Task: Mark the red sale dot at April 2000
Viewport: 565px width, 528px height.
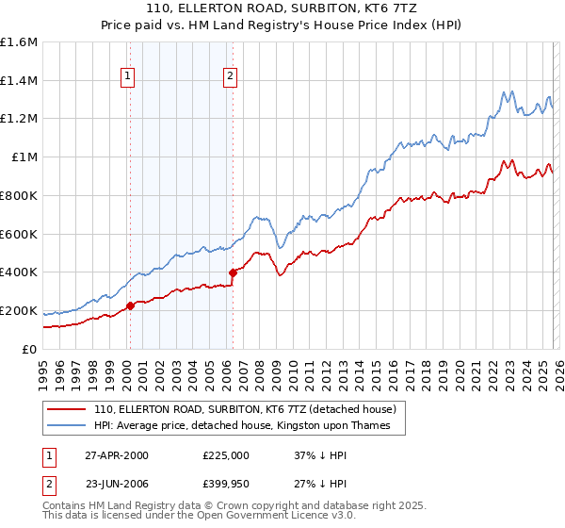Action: pyautogui.click(x=131, y=305)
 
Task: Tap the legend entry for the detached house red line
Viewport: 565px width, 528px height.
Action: pyautogui.click(x=250, y=410)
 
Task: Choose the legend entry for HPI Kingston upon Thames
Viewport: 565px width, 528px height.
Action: pyautogui.click(x=249, y=426)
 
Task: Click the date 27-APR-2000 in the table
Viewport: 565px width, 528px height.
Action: pyautogui.click(x=116, y=454)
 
